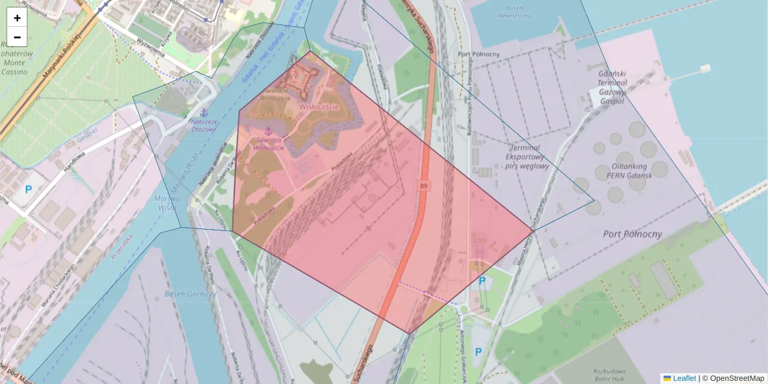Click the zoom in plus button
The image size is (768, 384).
17,18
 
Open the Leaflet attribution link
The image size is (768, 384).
684,378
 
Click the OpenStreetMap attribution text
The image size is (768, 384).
736,378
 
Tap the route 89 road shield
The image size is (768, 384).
424,186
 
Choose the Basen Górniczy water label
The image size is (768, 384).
190,294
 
